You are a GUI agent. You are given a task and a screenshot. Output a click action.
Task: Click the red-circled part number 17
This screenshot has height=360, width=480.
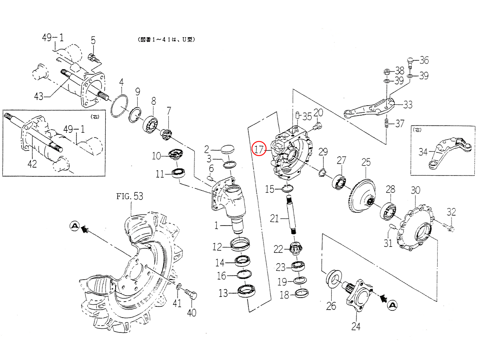tap(259, 149)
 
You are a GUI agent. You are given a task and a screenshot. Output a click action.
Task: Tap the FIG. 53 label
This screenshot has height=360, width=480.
tap(130, 196)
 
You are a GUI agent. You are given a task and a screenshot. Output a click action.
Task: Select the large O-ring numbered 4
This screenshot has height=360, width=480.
tap(119, 106)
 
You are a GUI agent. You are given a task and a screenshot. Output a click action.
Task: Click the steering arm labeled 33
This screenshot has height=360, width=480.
tap(370, 108)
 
